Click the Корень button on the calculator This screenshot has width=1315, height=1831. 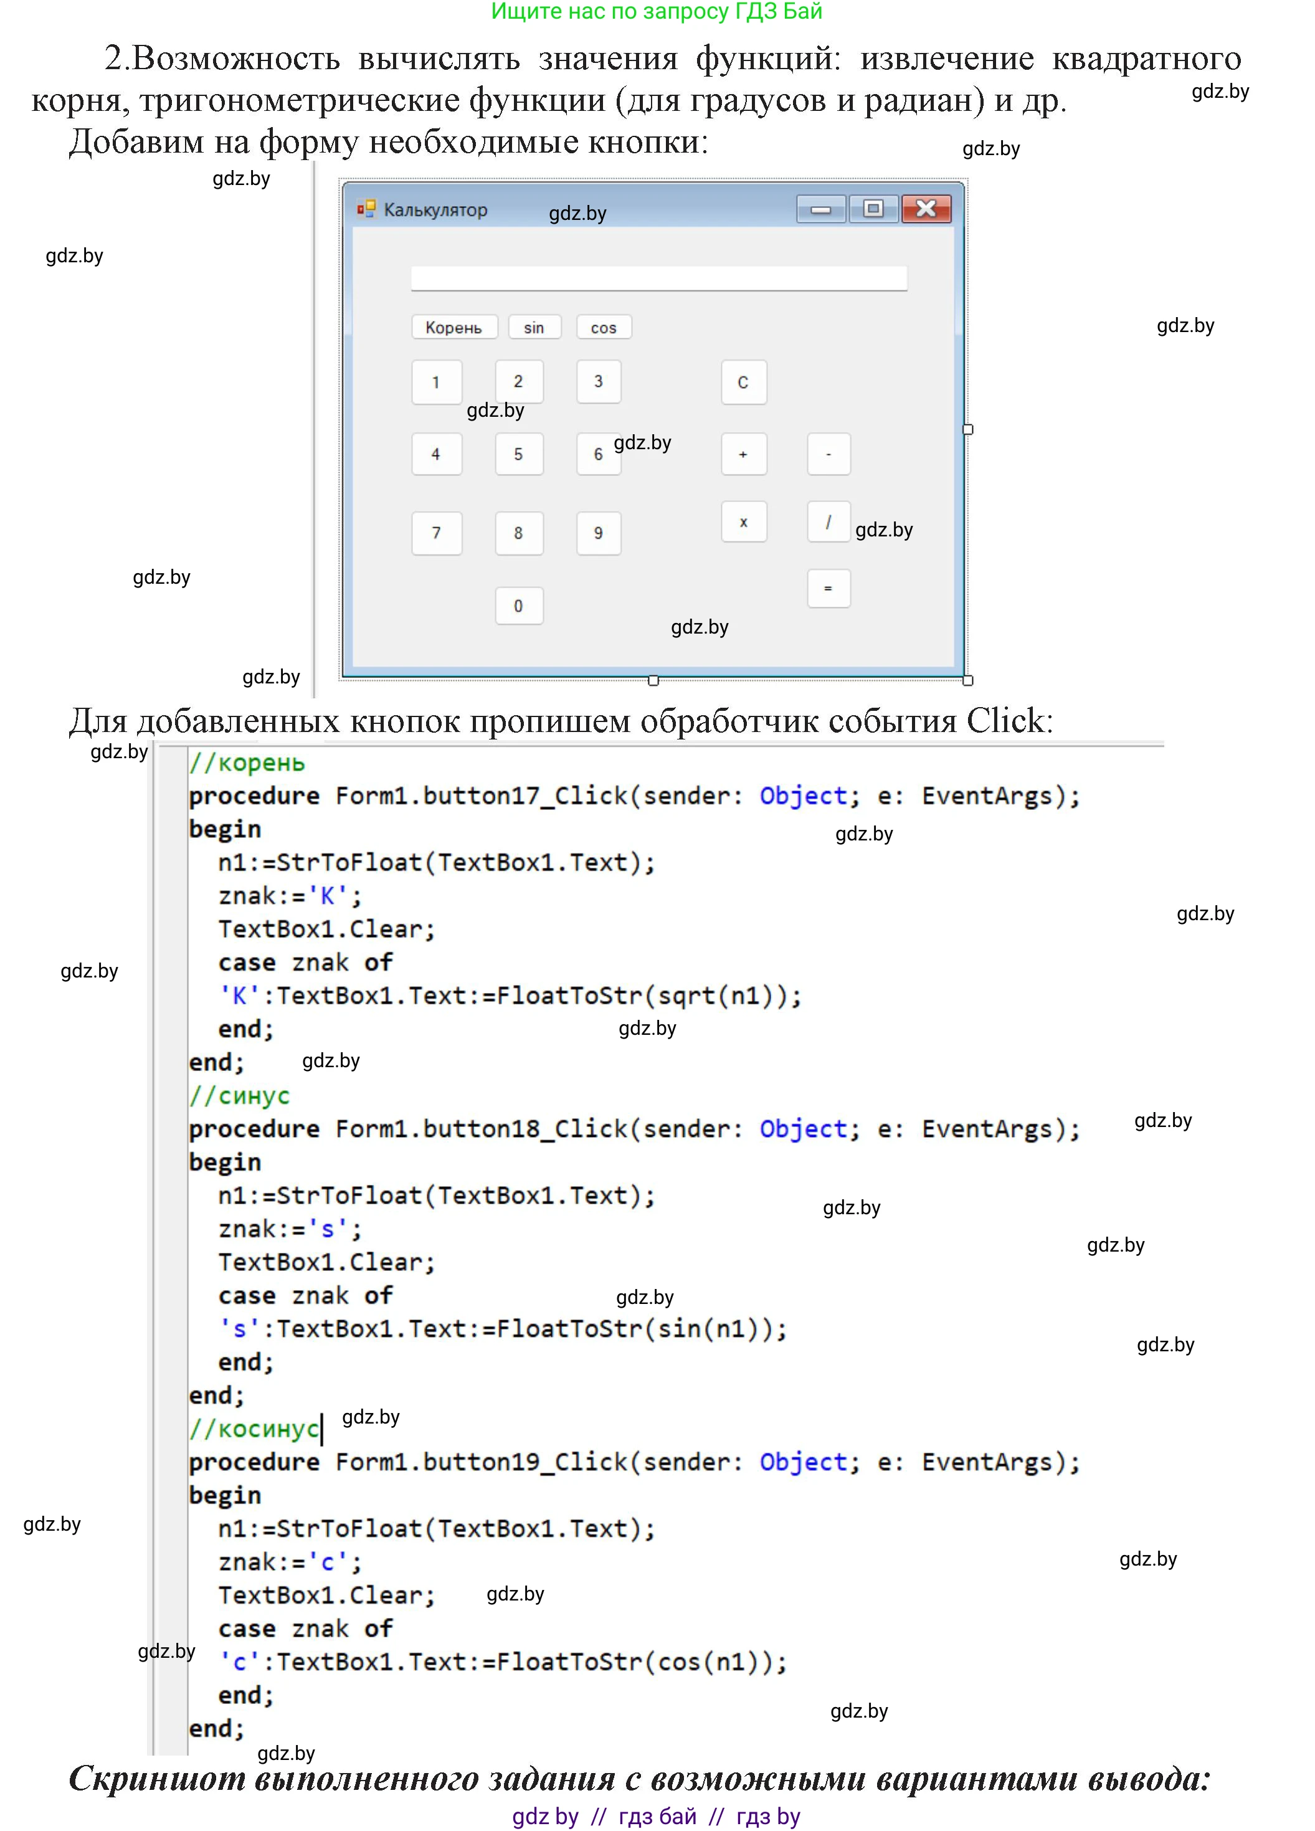453,327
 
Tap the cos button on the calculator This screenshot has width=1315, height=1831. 604,327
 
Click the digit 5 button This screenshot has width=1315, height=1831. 518,454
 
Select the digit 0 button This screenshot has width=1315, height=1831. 518,606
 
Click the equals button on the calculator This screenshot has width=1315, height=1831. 828,589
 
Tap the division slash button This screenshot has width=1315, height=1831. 828,521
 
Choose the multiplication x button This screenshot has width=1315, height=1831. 744,521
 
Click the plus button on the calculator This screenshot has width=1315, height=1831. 744,454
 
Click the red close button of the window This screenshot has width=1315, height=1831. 927,209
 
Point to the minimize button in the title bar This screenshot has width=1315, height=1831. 821,209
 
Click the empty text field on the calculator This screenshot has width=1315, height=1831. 658,278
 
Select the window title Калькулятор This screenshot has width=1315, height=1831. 436,210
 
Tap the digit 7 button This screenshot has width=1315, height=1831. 437,533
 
